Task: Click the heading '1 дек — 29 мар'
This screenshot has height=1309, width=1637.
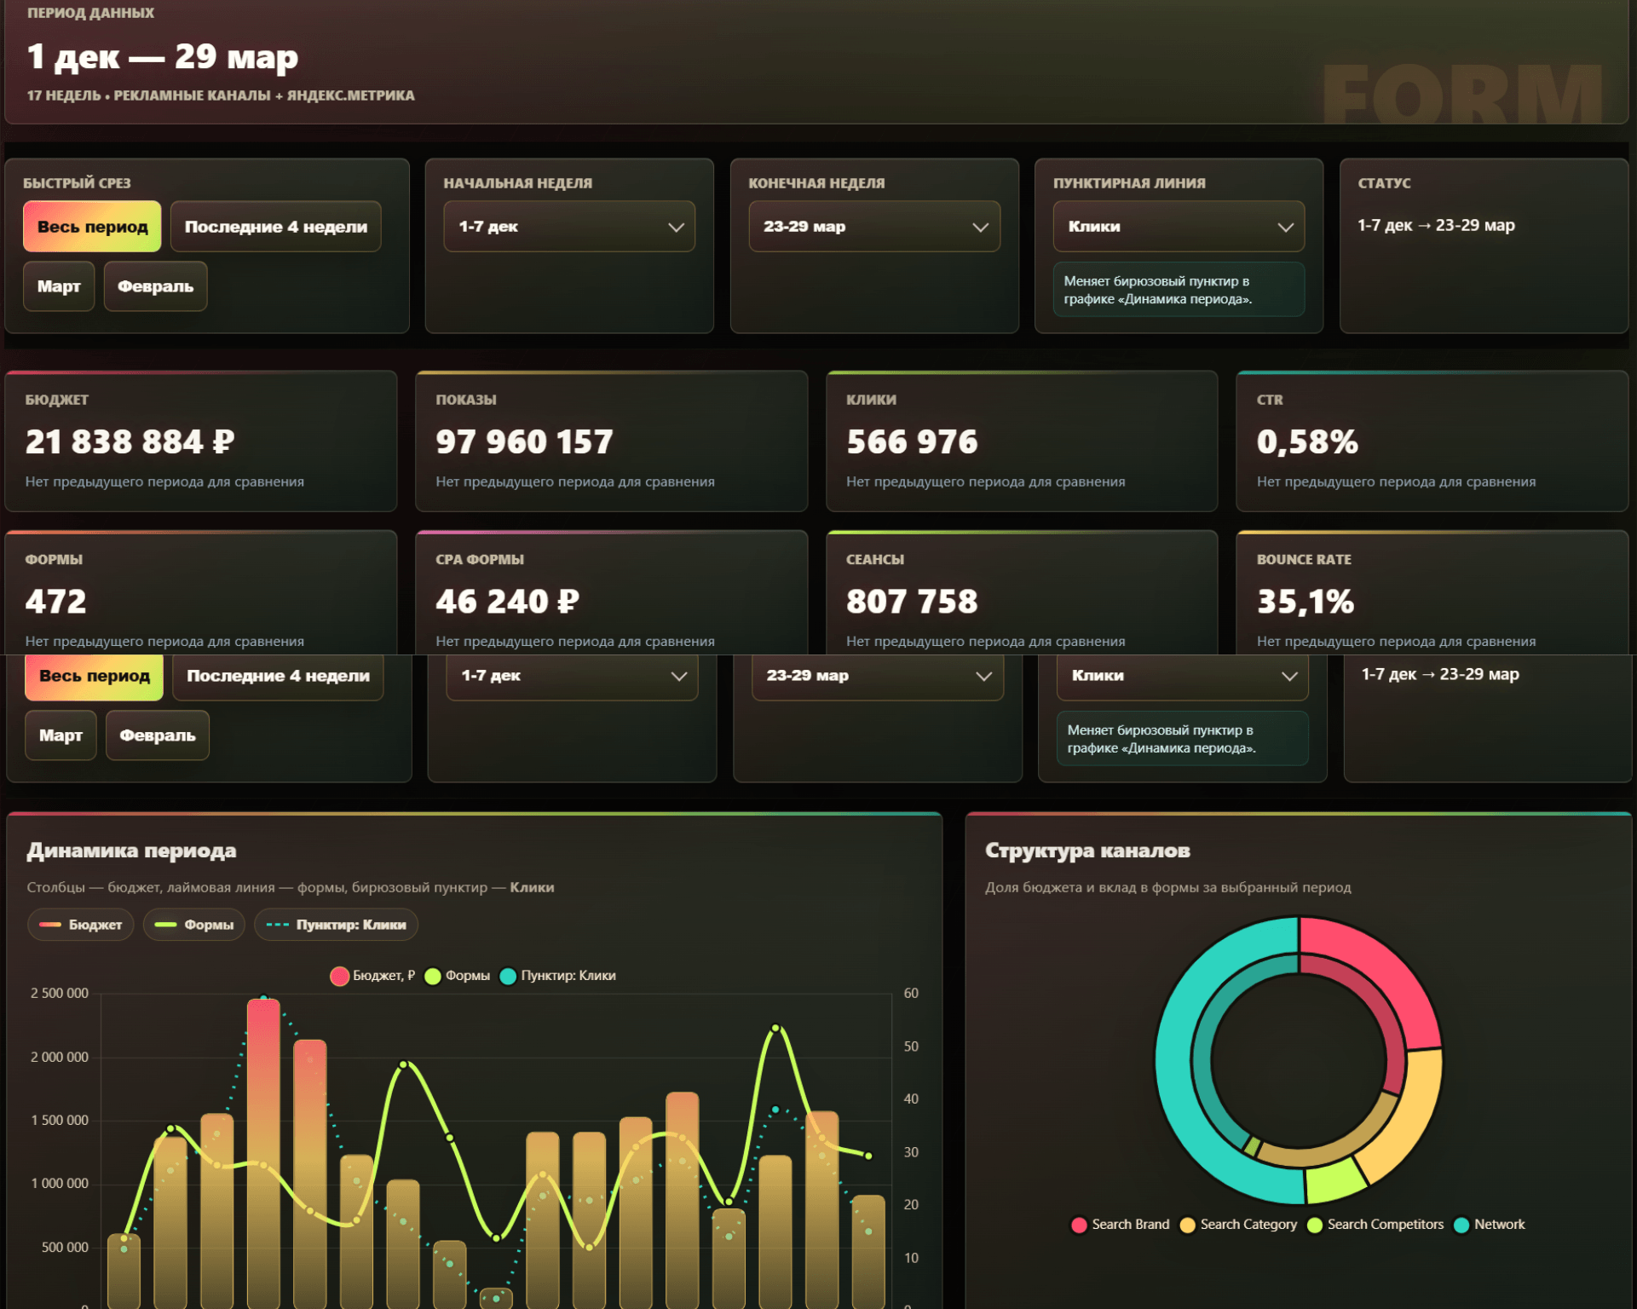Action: [163, 56]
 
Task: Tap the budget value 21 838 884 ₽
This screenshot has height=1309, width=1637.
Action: [130, 441]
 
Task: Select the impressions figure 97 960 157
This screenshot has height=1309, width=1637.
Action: [524, 441]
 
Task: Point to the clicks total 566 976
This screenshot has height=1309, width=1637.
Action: [912, 441]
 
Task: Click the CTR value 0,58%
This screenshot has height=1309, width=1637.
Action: [1307, 441]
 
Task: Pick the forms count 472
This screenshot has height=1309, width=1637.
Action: [56, 602]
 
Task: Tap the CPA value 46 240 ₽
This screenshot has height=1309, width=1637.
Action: [507, 602]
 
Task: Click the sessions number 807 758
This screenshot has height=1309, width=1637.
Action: [912, 602]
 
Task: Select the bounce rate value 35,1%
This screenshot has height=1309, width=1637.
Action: [1306, 602]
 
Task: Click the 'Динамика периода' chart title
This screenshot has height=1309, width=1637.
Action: [131, 851]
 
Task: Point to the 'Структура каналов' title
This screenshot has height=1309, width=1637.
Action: [1087, 851]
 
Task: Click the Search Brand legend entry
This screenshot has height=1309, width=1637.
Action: [1120, 1225]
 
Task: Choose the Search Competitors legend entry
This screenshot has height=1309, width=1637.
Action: [1375, 1225]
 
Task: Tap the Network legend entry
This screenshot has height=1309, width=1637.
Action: [1489, 1225]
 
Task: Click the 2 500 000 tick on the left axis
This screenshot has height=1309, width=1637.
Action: [60, 994]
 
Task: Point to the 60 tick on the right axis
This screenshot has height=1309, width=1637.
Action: [911, 994]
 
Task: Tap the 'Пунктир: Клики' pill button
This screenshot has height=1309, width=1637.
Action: [336, 925]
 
